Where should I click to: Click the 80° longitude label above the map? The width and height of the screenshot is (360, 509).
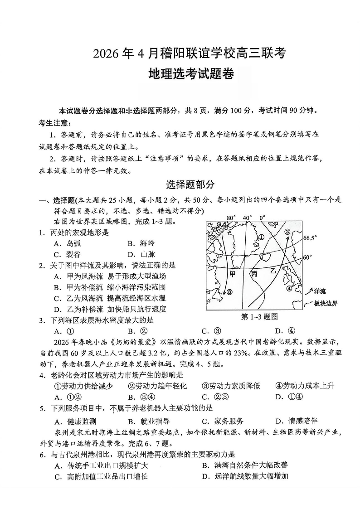(x=232, y=218)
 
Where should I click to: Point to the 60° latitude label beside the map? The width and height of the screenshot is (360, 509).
(x=307, y=257)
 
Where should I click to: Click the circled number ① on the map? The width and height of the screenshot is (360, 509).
(x=261, y=237)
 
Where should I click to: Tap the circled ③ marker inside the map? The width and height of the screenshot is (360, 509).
(x=229, y=292)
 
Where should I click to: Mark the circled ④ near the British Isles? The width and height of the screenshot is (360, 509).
(x=289, y=288)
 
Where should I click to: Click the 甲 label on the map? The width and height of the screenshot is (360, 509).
(x=233, y=274)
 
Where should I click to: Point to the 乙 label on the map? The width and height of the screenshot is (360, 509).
(x=273, y=271)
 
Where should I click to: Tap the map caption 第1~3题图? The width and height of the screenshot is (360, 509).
(x=259, y=316)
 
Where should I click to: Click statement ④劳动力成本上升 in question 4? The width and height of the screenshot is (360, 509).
(x=304, y=386)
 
